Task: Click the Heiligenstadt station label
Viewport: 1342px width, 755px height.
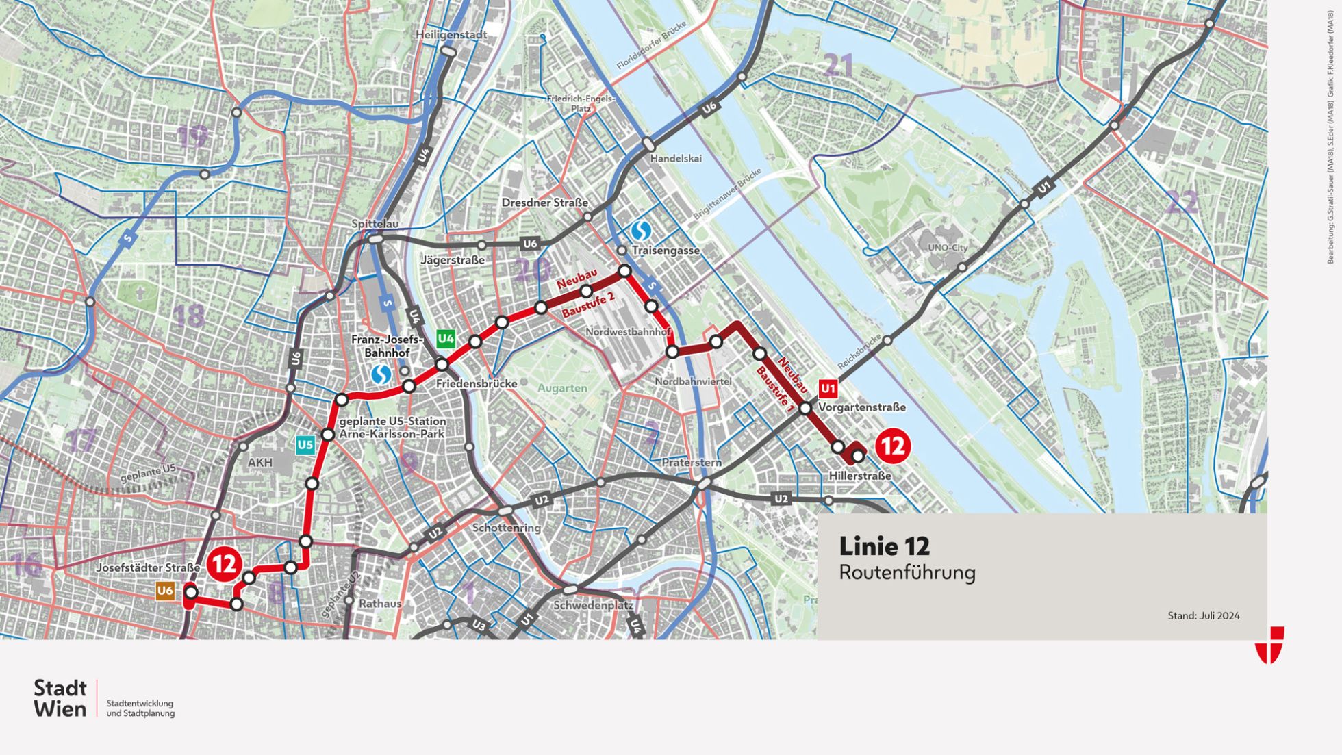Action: pyautogui.click(x=451, y=35)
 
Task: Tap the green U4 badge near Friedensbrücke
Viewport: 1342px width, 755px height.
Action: pyautogui.click(x=446, y=338)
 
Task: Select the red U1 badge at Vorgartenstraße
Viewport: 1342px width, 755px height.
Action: pyautogui.click(x=828, y=389)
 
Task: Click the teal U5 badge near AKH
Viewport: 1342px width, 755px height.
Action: pyautogui.click(x=305, y=446)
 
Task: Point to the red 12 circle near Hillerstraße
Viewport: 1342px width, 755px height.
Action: pyautogui.click(x=892, y=446)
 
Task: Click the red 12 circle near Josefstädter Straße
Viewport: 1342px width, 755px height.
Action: pyautogui.click(x=224, y=564)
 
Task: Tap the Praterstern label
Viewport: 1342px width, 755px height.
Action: pyautogui.click(x=692, y=463)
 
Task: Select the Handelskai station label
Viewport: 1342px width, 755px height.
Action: pyautogui.click(x=676, y=159)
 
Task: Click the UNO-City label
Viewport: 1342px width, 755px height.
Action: pyautogui.click(x=948, y=248)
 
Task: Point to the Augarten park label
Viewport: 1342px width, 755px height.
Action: pyautogui.click(x=562, y=388)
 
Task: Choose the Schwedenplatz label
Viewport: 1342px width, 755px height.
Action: pyautogui.click(x=593, y=605)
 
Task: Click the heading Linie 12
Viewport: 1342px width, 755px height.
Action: pyautogui.click(x=884, y=546)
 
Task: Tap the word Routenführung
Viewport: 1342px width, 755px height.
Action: pyautogui.click(x=907, y=572)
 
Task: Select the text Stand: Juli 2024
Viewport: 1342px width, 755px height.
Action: pyautogui.click(x=1203, y=615)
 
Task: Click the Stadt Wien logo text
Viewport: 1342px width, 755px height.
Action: pyautogui.click(x=60, y=698)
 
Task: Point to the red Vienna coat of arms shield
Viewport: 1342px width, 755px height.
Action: pyautogui.click(x=1269, y=644)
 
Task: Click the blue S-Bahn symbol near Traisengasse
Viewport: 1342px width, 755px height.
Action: pyautogui.click(x=641, y=231)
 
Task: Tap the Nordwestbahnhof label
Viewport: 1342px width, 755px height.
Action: pyautogui.click(x=628, y=332)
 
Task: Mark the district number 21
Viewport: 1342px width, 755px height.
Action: pyautogui.click(x=839, y=66)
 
